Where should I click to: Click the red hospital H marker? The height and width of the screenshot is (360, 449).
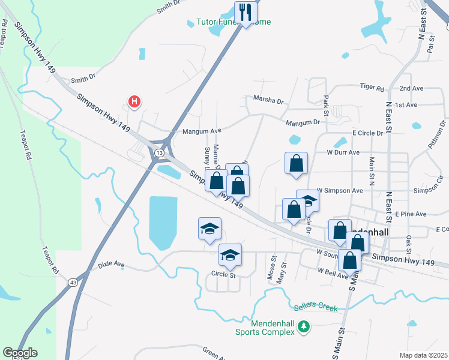pyautogui.click(x=135, y=102)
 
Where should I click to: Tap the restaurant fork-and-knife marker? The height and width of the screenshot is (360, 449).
pyautogui.click(x=246, y=11)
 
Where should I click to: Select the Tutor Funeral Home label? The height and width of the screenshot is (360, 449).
pyautogui.click(x=234, y=22)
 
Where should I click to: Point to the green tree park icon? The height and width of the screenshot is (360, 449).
pyautogui.click(x=305, y=326)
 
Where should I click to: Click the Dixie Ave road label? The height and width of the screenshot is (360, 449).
pyautogui.click(x=111, y=263)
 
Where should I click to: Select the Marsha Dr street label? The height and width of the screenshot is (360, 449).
pyautogui.click(x=268, y=100)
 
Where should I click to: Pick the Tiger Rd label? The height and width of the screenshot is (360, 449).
pyautogui.click(x=372, y=87)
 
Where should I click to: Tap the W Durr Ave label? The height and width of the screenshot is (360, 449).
pyautogui.click(x=343, y=152)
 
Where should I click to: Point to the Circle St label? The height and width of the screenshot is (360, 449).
pyautogui.click(x=224, y=274)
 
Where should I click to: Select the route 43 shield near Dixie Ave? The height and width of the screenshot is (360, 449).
pyautogui.click(x=73, y=281)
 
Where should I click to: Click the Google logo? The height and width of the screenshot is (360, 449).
pyautogui.click(x=20, y=353)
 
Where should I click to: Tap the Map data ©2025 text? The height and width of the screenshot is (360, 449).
pyautogui.click(x=423, y=355)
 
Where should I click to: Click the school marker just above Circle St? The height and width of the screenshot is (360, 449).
pyautogui.click(x=230, y=254)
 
